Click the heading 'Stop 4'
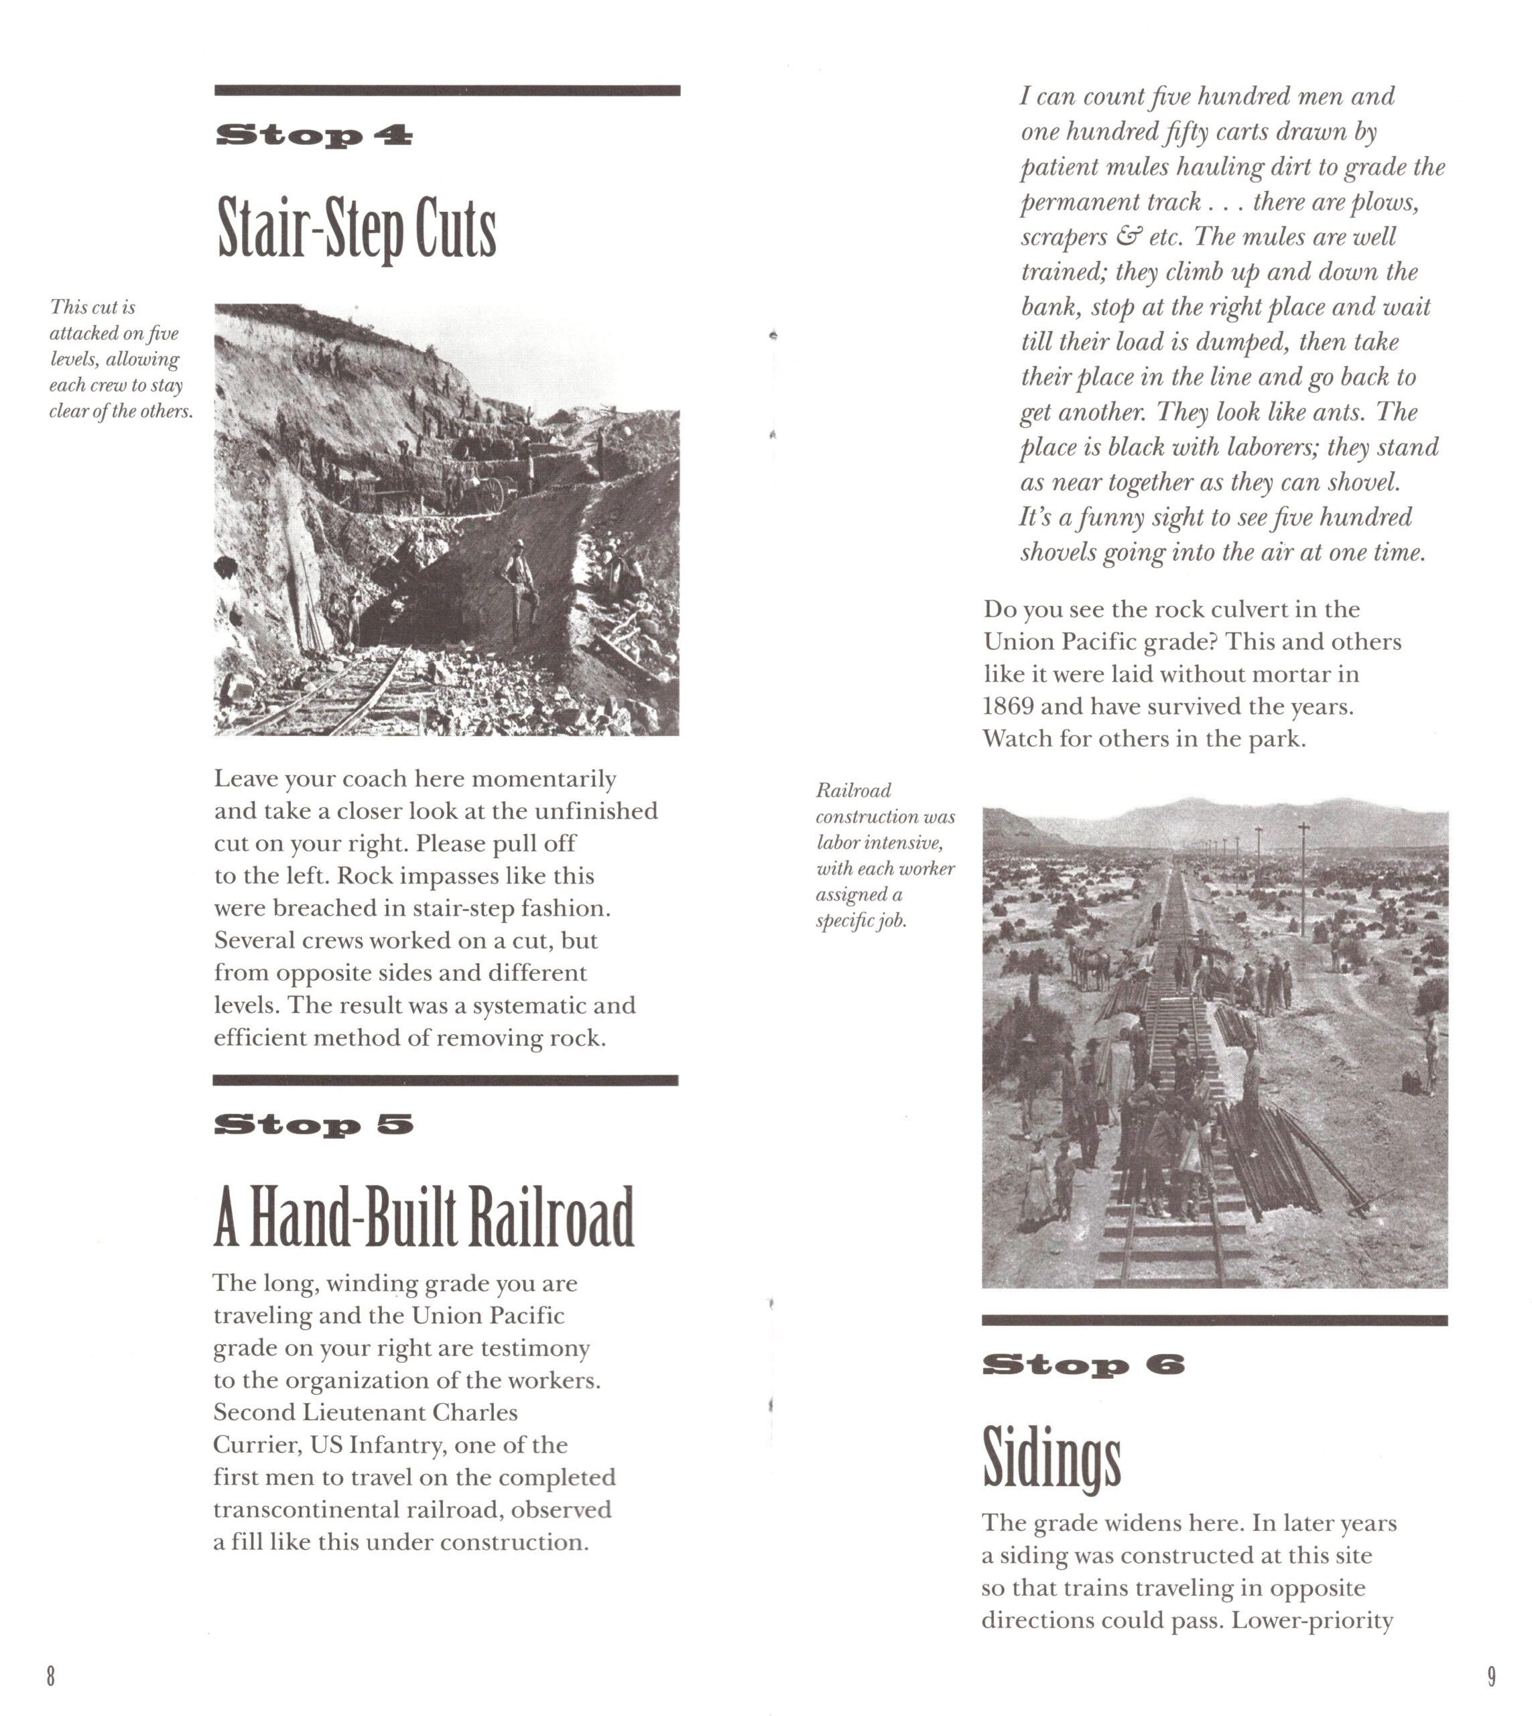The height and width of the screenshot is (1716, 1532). click(x=314, y=135)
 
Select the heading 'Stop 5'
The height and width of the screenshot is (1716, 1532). click(x=314, y=1124)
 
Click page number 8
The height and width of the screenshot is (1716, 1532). click(x=50, y=1676)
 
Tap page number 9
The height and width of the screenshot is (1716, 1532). click(x=1492, y=1676)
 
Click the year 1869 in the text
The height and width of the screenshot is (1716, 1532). click(x=1009, y=707)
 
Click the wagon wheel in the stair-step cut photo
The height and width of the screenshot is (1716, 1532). click(x=491, y=494)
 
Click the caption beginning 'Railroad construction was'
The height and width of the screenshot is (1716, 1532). click(x=885, y=855)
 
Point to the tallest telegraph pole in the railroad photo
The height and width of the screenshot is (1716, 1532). click(x=1303, y=880)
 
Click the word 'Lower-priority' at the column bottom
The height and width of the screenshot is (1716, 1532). click(x=1312, y=1621)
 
